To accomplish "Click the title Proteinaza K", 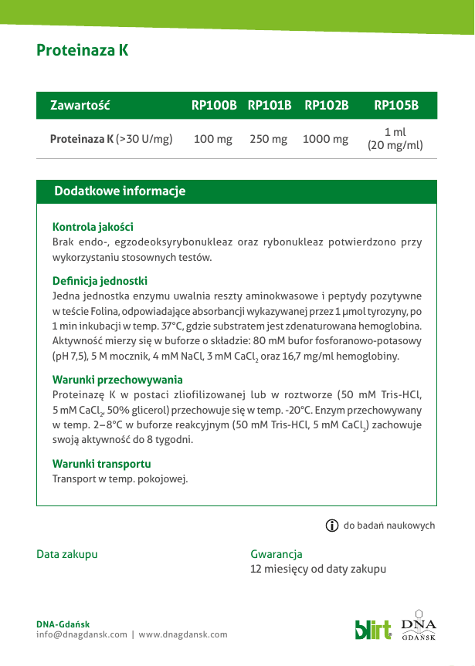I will pyautogui.click(x=82, y=51).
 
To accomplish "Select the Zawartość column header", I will pyautogui.click(x=80, y=106).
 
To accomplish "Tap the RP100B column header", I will pyautogui.click(x=214, y=106).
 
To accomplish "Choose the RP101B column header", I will pyautogui.click(x=270, y=106).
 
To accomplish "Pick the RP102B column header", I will pyautogui.click(x=327, y=106).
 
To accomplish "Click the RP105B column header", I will pyautogui.click(x=395, y=106).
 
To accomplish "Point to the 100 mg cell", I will pyautogui.click(x=213, y=140).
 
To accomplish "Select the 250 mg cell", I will pyautogui.click(x=269, y=140).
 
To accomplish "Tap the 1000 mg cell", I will pyautogui.click(x=325, y=140).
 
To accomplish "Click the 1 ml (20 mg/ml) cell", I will pyautogui.click(x=395, y=139).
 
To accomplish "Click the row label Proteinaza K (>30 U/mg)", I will pyautogui.click(x=111, y=140).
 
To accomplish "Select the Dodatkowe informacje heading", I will pyautogui.click(x=120, y=191).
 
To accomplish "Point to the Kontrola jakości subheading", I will pyautogui.click(x=93, y=227).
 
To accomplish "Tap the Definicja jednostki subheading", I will pyautogui.click(x=100, y=281).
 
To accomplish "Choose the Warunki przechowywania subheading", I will pyautogui.click(x=117, y=380).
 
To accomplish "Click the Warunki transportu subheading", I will pyautogui.click(x=101, y=464).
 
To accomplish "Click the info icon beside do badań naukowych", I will pyautogui.click(x=332, y=526).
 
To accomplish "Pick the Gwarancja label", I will pyautogui.click(x=277, y=554).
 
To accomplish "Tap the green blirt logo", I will pyautogui.click(x=373, y=629).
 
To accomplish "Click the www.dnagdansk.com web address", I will pyautogui.click(x=183, y=634).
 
